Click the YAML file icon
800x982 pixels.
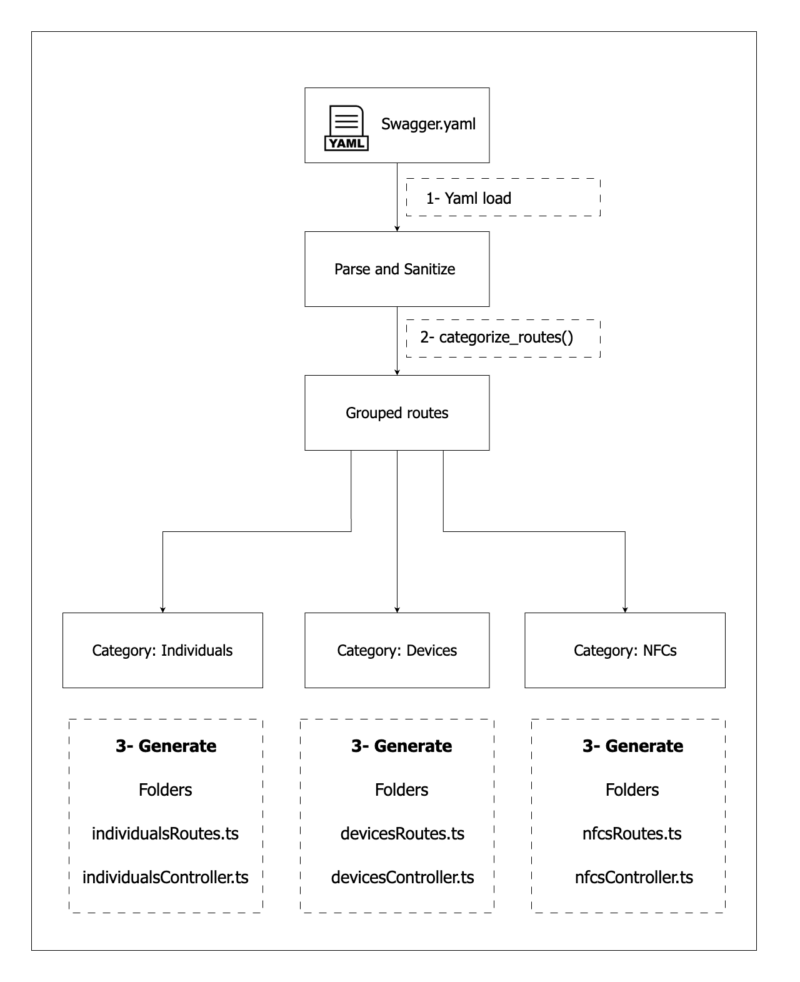pos(346,128)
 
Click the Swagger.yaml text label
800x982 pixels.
pos(428,124)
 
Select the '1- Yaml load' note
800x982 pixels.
pos(503,198)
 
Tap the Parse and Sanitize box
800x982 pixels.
pos(397,269)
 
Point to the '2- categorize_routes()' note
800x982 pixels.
pos(503,338)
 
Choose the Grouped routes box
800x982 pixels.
pos(397,413)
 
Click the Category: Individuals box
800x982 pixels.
pos(162,650)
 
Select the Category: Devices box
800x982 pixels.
pos(397,650)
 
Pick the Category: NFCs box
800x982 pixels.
pos(625,650)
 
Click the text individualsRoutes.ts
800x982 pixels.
pos(165,834)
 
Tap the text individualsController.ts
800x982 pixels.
pos(166,878)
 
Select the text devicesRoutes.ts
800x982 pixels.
pos(402,834)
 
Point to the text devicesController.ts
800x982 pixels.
pos(402,878)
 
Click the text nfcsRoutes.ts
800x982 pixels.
pos(632,834)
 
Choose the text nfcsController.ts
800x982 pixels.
pos(634,878)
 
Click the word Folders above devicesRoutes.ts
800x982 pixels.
pos(401,789)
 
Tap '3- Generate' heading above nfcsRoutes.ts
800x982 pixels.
pos(632,746)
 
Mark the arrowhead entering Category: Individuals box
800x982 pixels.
pos(162,610)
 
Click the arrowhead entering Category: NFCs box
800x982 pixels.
pos(625,610)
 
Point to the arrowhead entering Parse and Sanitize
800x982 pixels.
pos(397,229)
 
